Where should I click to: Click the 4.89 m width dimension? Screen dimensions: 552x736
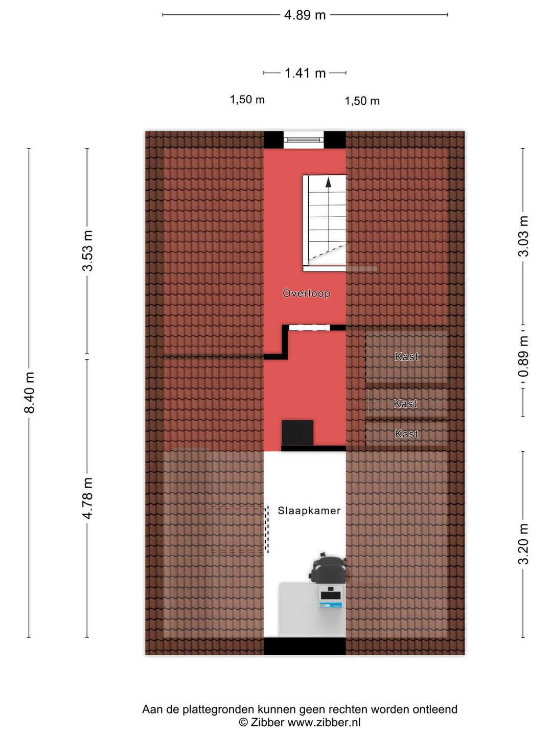[305, 15]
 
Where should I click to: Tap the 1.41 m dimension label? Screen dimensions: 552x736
[305, 73]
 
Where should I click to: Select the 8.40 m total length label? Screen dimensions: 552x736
[30, 392]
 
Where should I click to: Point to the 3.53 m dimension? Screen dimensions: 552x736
[88, 251]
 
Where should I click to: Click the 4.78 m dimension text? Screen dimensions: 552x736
[88, 498]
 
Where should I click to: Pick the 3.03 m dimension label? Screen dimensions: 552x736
[523, 237]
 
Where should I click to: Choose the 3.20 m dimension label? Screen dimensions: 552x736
[523, 544]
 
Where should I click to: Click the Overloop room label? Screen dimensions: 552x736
[306, 293]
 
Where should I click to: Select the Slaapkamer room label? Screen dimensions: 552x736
[309, 511]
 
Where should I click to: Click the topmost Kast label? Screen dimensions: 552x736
[406, 356]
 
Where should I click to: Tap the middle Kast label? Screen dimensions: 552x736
[405, 403]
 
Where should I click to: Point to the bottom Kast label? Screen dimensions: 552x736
[406, 434]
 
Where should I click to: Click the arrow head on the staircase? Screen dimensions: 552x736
[329, 182]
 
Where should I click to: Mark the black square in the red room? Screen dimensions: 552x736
[297, 433]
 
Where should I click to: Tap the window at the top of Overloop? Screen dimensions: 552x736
[304, 140]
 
